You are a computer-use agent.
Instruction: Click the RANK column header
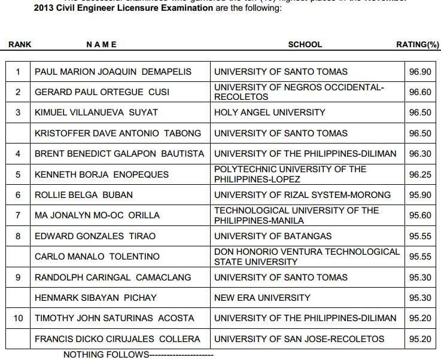(x=20, y=44)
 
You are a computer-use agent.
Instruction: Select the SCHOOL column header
(x=305, y=44)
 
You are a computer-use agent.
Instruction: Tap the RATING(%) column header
(x=418, y=44)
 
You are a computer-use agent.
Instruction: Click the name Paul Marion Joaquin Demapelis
(x=113, y=72)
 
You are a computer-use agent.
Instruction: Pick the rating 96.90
(x=419, y=72)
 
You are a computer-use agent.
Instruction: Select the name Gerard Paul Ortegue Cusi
(x=102, y=92)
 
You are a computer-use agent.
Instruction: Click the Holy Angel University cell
(x=269, y=112)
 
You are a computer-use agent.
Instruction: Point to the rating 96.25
(x=419, y=175)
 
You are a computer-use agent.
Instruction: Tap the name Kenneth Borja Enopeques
(x=101, y=175)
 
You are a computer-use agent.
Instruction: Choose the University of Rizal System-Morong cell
(x=302, y=195)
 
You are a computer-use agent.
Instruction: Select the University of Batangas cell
(x=272, y=236)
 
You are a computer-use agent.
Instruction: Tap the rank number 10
(x=19, y=318)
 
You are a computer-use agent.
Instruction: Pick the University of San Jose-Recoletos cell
(x=299, y=339)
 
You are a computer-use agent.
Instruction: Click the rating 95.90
(x=419, y=195)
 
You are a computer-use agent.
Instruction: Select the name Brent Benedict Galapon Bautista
(x=119, y=154)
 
